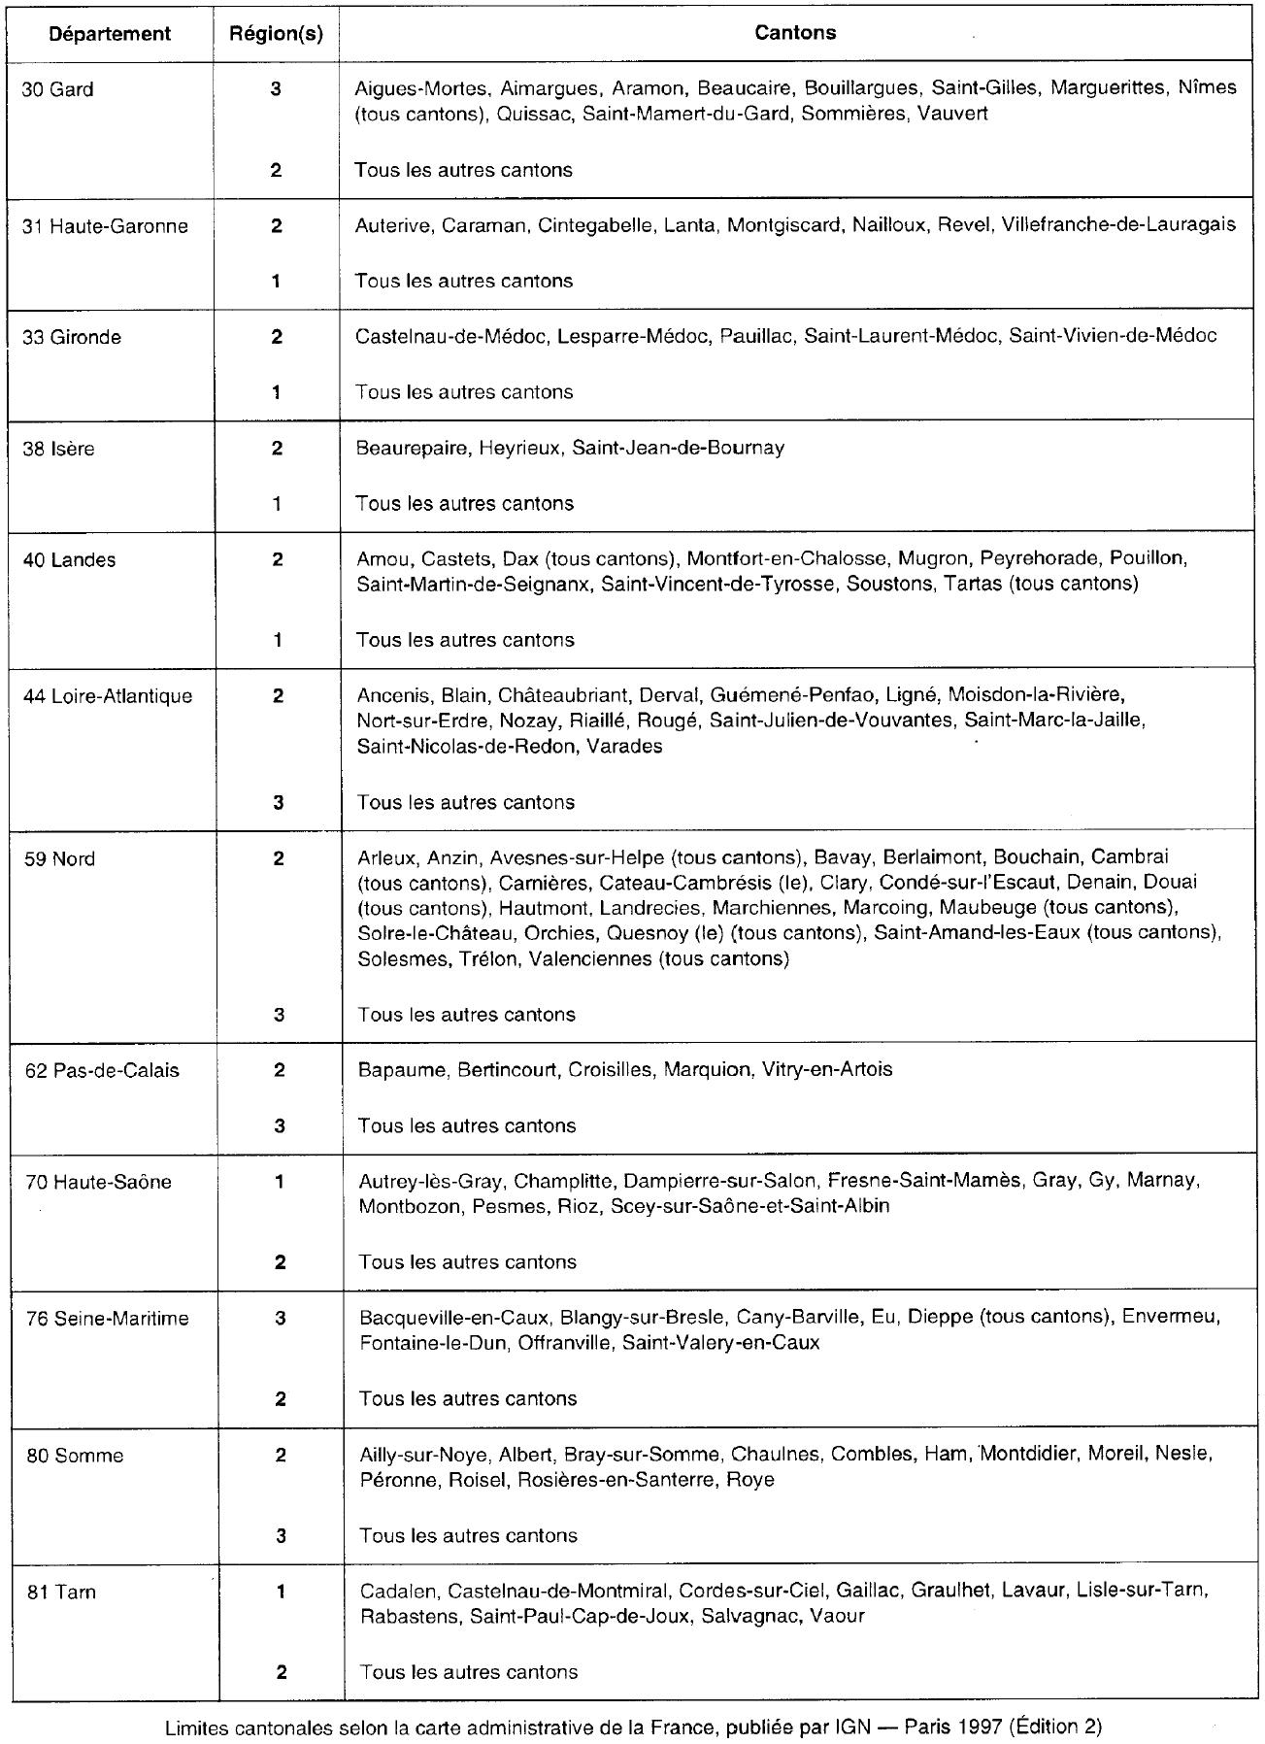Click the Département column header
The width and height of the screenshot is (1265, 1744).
pos(110,33)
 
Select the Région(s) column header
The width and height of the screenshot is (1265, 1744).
pos(276,33)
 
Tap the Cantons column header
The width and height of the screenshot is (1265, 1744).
pos(795,32)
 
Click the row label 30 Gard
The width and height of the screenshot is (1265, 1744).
pos(58,89)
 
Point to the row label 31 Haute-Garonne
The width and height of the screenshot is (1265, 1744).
pos(105,226)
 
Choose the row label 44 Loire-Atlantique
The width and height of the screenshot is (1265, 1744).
pos(108,695)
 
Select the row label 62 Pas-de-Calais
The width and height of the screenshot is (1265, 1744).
pos(102,1070)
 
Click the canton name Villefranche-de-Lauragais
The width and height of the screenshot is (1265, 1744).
pos(1118,225)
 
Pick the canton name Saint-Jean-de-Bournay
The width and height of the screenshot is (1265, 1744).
pos(678,448)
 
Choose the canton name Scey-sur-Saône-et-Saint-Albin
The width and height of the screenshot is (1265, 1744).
pos(749,1206)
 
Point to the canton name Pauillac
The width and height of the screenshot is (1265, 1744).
pos(755,336)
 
